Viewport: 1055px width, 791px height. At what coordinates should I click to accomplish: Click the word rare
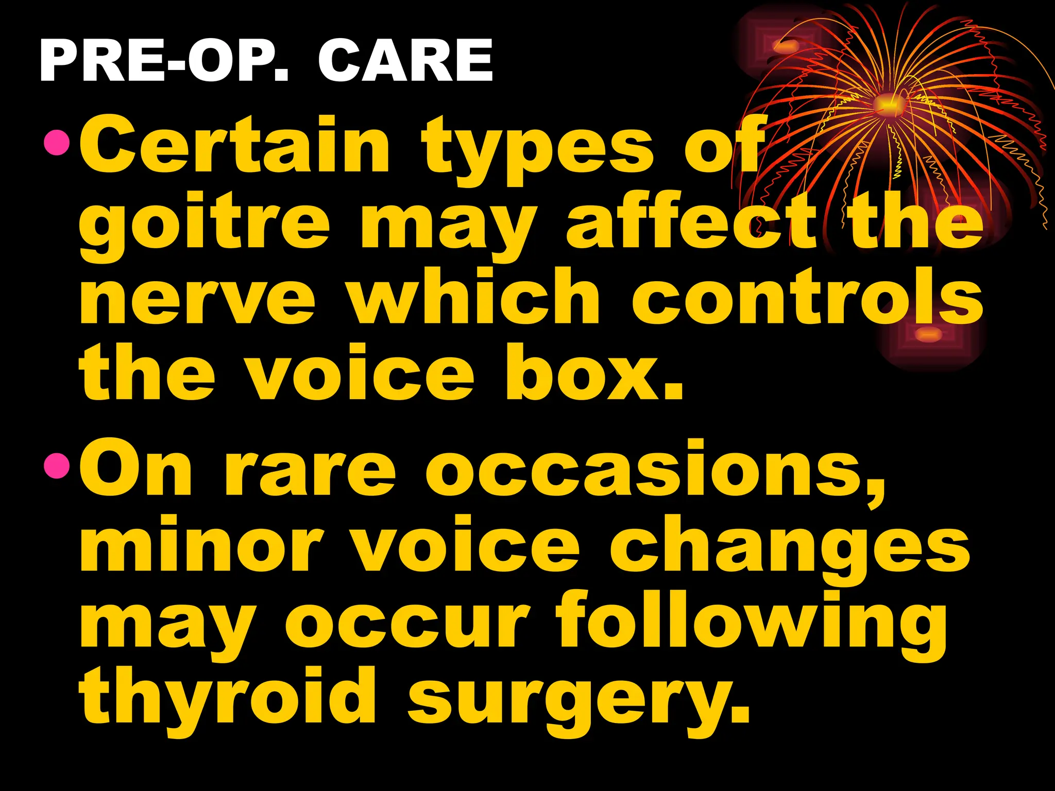pos(310,471)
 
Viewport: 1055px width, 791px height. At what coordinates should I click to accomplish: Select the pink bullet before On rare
pos(56,467)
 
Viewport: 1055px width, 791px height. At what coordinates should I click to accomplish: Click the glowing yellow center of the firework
pos(887,103)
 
